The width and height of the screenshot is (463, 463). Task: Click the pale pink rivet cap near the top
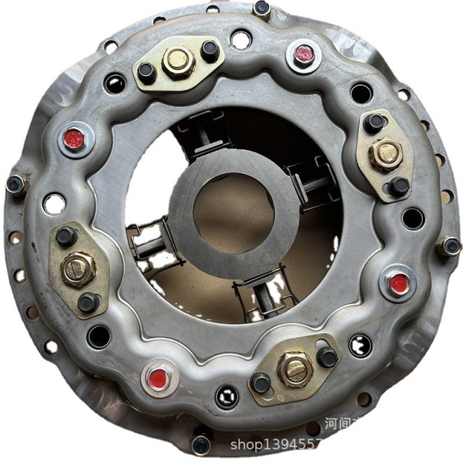pos(304,54)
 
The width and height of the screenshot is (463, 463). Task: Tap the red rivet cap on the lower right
pos(396,284)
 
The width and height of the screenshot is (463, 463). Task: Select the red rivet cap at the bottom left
pos(157,378)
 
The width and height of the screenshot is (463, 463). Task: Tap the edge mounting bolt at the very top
pos(262,9)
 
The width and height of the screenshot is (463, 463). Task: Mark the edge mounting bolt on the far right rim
pos(451,246)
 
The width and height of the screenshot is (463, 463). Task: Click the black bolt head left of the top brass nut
pos(147,72)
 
